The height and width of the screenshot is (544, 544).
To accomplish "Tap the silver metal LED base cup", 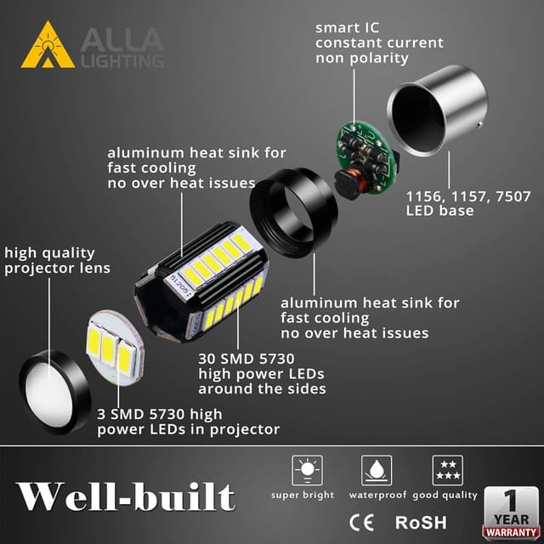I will (438, 119).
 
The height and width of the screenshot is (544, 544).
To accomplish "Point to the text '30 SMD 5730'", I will (241, 358).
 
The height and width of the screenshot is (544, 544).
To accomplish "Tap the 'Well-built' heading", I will (126, 496).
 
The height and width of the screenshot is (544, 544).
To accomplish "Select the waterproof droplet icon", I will (376, 470).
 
